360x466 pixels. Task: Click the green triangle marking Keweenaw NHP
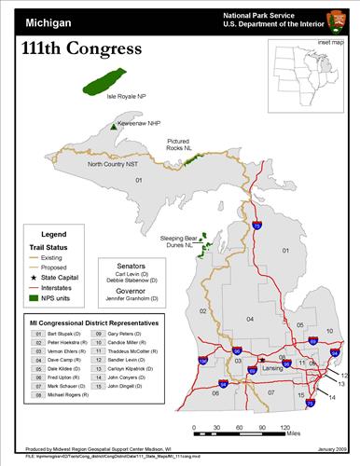113,125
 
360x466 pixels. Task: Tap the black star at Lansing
262,359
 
